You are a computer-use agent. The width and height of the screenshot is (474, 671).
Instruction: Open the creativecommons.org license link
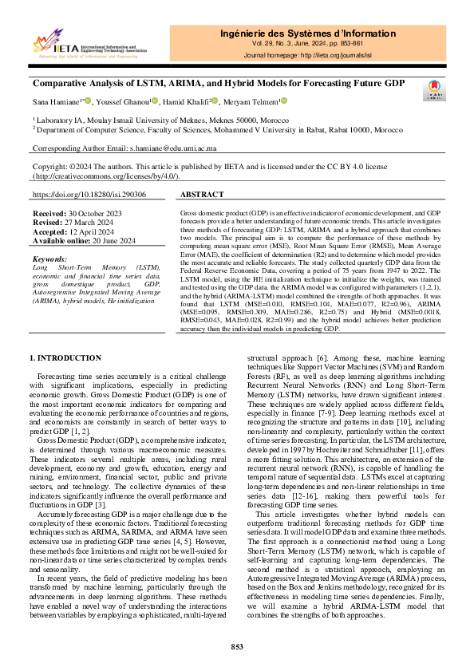(101, 176)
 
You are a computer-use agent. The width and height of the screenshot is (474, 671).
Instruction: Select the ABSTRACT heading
(203, 195)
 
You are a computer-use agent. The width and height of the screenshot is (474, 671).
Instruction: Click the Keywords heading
(49, 259)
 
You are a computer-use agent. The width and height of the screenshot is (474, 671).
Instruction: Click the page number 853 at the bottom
(236, 646)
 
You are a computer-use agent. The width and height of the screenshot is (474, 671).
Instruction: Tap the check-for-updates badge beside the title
(436, 89)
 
